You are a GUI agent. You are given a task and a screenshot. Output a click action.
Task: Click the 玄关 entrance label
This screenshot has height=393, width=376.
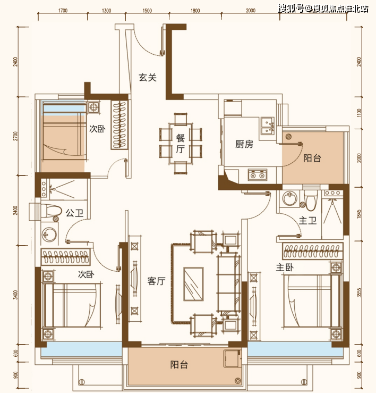148,78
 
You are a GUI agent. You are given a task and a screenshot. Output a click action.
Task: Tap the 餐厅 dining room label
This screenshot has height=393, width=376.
180,144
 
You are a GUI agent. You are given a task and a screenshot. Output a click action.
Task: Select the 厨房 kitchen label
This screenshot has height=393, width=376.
244,144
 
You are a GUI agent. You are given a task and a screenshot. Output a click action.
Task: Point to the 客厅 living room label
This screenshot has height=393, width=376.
157,281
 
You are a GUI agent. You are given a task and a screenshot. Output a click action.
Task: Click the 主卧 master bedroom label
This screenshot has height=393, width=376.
285,267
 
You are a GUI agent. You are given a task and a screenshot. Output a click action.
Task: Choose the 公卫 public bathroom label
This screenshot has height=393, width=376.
74,213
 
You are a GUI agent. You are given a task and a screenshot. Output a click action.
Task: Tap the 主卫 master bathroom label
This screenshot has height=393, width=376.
307,221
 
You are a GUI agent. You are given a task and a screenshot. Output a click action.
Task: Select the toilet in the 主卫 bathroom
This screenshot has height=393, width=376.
311,201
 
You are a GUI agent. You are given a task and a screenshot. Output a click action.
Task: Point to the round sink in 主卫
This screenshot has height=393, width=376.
290,198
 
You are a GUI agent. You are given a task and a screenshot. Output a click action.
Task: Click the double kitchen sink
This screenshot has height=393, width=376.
267,126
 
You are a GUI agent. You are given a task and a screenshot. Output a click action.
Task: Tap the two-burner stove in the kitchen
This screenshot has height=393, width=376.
258,174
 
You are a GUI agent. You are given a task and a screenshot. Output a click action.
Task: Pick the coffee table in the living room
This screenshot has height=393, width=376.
193,284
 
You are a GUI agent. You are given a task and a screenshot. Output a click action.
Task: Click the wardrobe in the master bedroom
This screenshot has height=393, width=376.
313,251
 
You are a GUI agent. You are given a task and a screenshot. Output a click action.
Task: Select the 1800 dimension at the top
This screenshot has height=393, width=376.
195,11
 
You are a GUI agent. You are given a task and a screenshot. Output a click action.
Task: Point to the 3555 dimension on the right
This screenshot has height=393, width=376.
359,292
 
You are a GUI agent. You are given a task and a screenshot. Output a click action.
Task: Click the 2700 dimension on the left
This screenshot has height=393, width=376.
16,136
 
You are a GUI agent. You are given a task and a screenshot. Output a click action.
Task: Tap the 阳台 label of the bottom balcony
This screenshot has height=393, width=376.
179,365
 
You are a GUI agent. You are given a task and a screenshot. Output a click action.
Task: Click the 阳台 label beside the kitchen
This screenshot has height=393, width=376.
312,158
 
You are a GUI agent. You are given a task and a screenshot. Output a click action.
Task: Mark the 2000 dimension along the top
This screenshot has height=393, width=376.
251,11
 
